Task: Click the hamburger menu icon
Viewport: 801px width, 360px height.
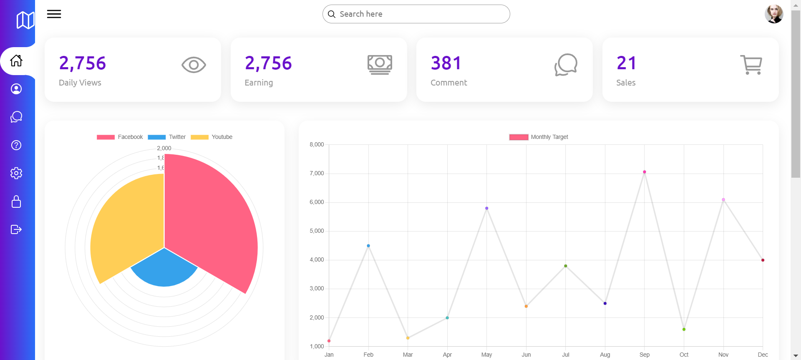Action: point(54,14)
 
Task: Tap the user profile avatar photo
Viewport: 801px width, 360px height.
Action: point(773,14)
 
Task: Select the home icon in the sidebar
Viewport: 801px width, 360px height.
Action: point(16,61)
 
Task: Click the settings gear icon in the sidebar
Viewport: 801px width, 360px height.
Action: point(16,173)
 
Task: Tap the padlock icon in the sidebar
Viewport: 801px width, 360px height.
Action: point(16,201)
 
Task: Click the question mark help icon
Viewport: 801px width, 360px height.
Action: point(16,145)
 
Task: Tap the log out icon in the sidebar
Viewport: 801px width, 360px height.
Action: point(16,229)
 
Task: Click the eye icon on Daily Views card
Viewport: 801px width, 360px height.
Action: point(194,65)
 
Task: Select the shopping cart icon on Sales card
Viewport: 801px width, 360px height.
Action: point(751,65)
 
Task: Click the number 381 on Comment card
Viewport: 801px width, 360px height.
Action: point(446,63)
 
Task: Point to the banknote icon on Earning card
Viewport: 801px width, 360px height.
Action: point(380,65)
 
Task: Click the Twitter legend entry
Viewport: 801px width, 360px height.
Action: point(167,137)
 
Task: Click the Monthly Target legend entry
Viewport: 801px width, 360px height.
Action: point(539,137)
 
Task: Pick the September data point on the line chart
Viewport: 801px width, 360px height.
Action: point(645,172)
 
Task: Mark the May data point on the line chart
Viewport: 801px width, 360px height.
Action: point(487,208)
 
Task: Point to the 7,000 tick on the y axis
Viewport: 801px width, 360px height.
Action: point(317,173)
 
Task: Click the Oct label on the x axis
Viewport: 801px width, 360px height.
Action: point(684,355)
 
